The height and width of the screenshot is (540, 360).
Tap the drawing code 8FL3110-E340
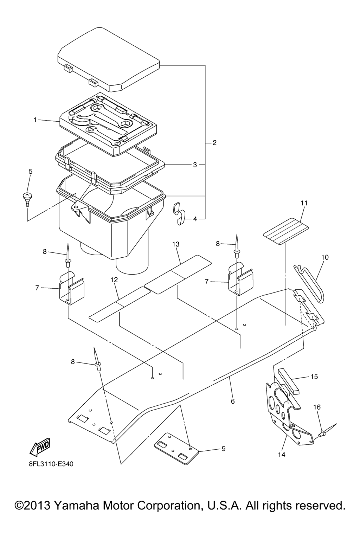pyautogui.click(x=51, y=464)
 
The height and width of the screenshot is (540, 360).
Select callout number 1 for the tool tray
pyautogui.click(x=35, y=120)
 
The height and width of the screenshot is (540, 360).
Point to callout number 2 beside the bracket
pyautogui.click(x=214, y=143)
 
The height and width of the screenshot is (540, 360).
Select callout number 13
pyautogui.click(x=176, y=244)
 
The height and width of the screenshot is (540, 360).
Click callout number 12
pyautogui.click(x=114, y=280)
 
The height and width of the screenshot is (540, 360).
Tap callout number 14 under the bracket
pyautogui.click(x=281, y=455)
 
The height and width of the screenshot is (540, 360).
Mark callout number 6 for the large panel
pyautogui.click(x=233, y=401)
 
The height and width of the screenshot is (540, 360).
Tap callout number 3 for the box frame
pyautogui.click(x=195, y=165)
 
